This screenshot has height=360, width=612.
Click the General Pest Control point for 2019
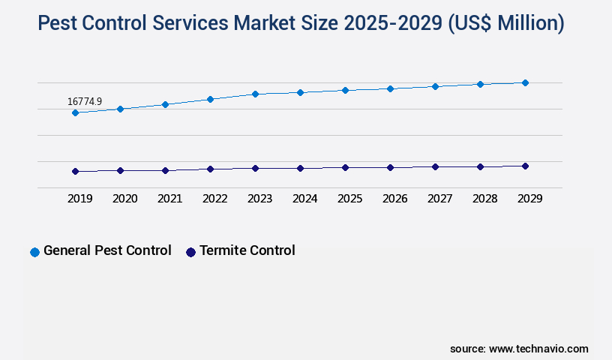point(75,112)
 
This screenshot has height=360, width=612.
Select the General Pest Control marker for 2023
point(255,94)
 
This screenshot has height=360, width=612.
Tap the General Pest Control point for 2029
point(525,82)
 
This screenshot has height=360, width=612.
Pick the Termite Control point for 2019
point(75,171)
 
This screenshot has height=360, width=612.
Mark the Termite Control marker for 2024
point(300,168)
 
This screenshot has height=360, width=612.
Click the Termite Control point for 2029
point(525,166)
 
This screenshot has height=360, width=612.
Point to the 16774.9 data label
point(84,101)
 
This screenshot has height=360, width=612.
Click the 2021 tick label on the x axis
point(169,199)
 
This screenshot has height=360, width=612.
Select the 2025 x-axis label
point(349,199)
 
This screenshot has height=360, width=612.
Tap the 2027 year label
point(439,199)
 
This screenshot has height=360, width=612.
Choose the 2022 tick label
point(214,199)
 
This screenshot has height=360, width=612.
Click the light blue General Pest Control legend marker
point(34,252)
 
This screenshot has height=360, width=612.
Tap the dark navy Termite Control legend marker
point(190,252)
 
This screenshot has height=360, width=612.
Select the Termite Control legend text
point(247,250)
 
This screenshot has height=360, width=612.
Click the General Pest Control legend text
point(107,250)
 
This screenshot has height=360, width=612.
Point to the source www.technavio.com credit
point(519,349)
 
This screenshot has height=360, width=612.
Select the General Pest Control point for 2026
point(390,88)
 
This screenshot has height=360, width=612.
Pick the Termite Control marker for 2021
point(165,170)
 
